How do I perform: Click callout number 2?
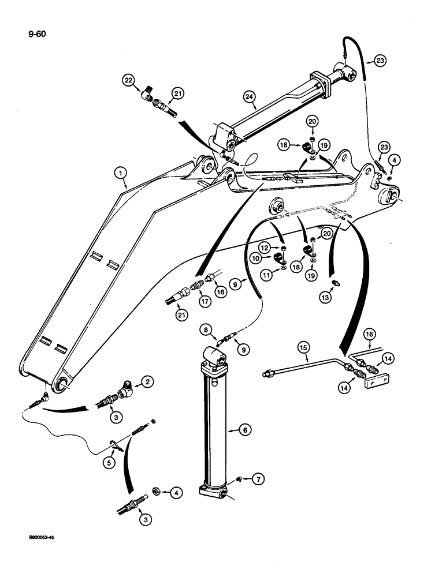tap(148, 382)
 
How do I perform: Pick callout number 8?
tap(205, 331)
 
